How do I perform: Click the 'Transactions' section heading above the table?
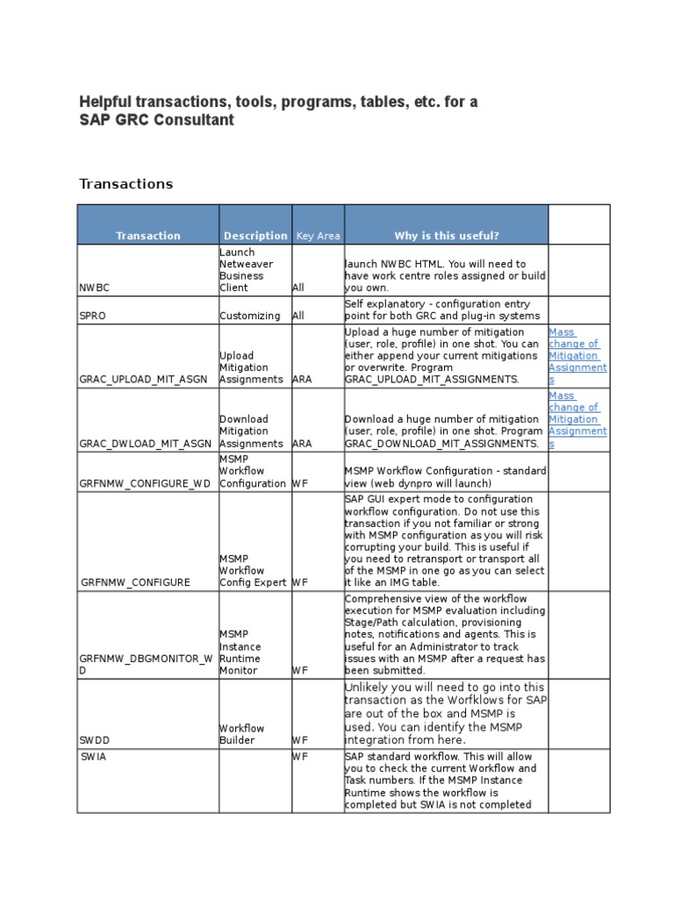(126, 183)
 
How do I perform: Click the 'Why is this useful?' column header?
(447, 235)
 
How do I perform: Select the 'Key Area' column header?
(318, 235)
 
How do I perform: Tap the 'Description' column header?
(255, 235)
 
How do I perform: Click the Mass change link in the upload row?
(577, 356)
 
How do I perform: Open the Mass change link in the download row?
(577, 419)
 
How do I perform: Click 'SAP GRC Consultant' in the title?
(157, 120)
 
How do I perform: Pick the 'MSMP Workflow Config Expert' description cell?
(253, 570)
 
